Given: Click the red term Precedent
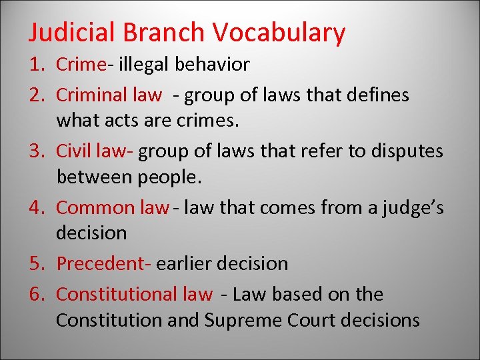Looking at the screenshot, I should (100, 264).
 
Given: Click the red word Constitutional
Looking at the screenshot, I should (117, 294).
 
